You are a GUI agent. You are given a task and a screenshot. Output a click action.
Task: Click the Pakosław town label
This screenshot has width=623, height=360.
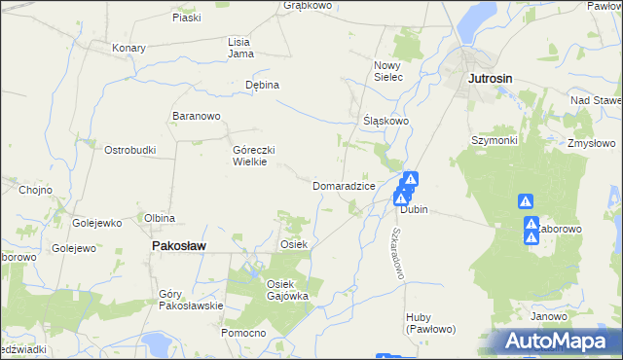coord(178,247)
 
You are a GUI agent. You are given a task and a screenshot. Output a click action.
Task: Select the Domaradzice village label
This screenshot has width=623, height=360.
coord(344,186)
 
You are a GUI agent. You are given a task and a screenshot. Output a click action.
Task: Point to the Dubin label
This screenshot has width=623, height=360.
coord(414,210)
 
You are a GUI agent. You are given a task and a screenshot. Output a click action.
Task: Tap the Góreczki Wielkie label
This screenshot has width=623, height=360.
coord(255,157)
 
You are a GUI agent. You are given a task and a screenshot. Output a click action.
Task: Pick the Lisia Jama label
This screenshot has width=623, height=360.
coord(240,48)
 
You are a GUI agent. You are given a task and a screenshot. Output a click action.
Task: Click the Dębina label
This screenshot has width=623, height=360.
coord(262,85)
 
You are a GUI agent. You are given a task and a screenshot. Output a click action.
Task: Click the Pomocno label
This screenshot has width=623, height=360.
coord(243,334)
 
